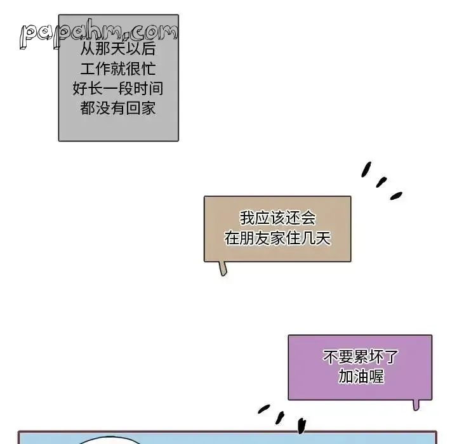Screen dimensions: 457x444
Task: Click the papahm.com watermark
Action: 98,34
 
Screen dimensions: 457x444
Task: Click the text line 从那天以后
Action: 118,49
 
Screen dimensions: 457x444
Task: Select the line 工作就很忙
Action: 118,69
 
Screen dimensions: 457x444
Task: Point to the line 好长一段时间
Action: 118,89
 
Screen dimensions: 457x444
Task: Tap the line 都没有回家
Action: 118,108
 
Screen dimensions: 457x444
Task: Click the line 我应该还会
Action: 278,218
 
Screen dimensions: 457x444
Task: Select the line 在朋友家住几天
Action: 278,238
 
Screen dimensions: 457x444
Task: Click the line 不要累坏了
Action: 361,357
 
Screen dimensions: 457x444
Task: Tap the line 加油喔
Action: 361,376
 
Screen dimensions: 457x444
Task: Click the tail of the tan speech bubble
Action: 223,268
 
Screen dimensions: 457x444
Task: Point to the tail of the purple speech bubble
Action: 416,405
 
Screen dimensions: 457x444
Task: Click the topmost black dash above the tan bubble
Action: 366,169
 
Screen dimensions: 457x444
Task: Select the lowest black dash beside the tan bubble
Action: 396,196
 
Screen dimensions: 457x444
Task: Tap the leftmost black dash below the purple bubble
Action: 264,408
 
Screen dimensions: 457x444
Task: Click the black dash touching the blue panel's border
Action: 301,426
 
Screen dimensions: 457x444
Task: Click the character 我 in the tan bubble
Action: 248,218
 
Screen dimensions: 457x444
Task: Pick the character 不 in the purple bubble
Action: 331,357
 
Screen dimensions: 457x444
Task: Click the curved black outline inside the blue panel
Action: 109,438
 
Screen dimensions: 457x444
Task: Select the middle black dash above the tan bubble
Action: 381,182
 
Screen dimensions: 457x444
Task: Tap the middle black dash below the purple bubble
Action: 280,418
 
